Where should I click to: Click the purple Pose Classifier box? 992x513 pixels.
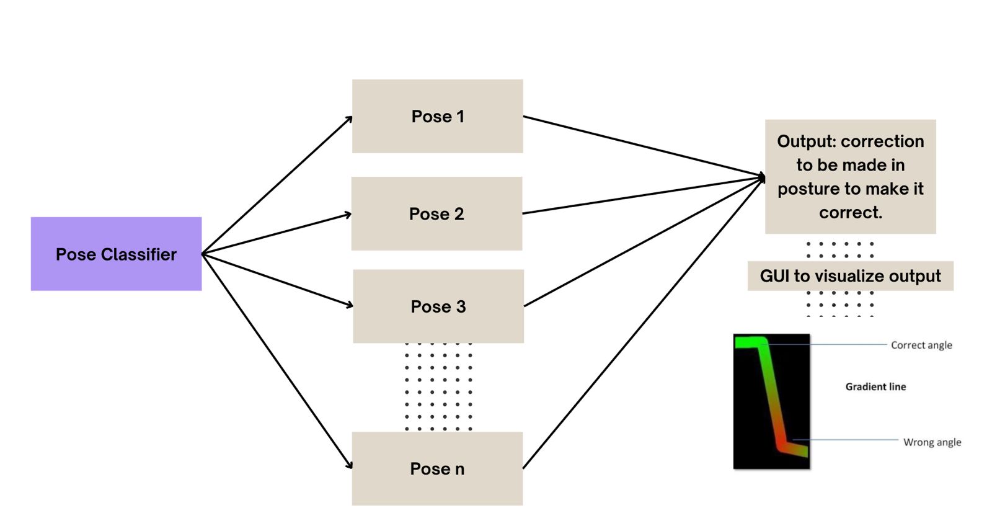(116, 254)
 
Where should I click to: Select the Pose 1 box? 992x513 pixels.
(437, 116)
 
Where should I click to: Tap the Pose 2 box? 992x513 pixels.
(436, 213)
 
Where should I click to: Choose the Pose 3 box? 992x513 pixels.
(438, 306)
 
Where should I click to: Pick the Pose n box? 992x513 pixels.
(437, 468)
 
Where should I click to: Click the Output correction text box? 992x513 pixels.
(850, 176)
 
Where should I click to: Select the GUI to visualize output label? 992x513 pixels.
(850, 276)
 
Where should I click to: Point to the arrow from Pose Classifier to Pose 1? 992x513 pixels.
(277, 185)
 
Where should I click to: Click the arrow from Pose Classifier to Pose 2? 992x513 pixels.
(277, 233)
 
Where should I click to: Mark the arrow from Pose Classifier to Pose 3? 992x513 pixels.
(277, 280)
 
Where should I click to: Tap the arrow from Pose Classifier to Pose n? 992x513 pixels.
(277, 360)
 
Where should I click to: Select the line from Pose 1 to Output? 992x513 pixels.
(645, 146)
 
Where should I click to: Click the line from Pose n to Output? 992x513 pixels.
(645, 323)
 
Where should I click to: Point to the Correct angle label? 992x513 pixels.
(921, 345)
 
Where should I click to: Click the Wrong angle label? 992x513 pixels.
(932, 442)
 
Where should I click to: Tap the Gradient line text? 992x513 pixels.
(875, 386)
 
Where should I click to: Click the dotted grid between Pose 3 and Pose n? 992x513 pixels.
(438, 386)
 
